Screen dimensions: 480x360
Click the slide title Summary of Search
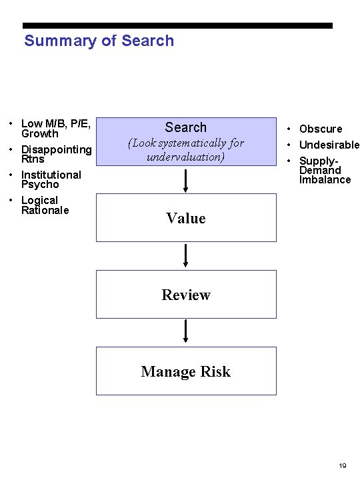click(x=99, y=41)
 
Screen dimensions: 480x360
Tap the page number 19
click(x=342, y=465)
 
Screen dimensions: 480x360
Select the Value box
click(x=186, y=218)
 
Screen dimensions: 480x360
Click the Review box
click(x=186, y=295)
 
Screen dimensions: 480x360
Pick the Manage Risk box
click(x=186, y=371)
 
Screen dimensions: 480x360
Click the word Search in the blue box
click(x=186, y=127)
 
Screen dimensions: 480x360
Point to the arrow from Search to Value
click(x=186, y=179)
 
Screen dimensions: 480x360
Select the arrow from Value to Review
click(x=186, y=255)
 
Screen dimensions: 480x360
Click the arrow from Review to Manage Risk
click(x=186, y=331)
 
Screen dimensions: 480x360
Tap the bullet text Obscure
click(x=321, y=129)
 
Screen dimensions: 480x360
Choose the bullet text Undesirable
click(x=329, y=145)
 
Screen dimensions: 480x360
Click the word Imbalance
click(x=325, y=179)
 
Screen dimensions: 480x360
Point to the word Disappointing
click(x=57, y=149)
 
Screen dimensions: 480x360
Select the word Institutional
click(x=51, y=175)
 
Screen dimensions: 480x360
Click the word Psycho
click(x=40, y=184)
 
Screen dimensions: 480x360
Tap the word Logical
click(x=40, y=200)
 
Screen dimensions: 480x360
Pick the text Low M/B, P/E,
click(x=56, y=123)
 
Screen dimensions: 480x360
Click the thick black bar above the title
click(x=177, y=25)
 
